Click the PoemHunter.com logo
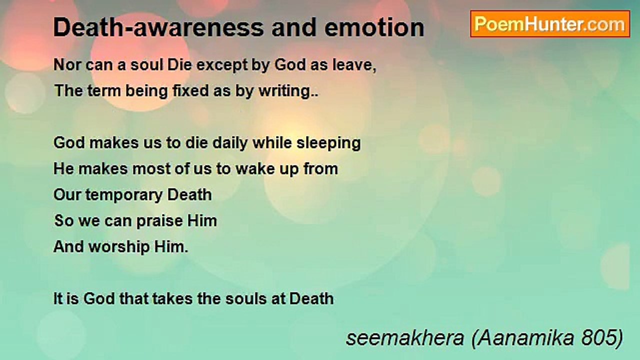(x=550, y=24)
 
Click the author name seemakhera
(x=404, y=338)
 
